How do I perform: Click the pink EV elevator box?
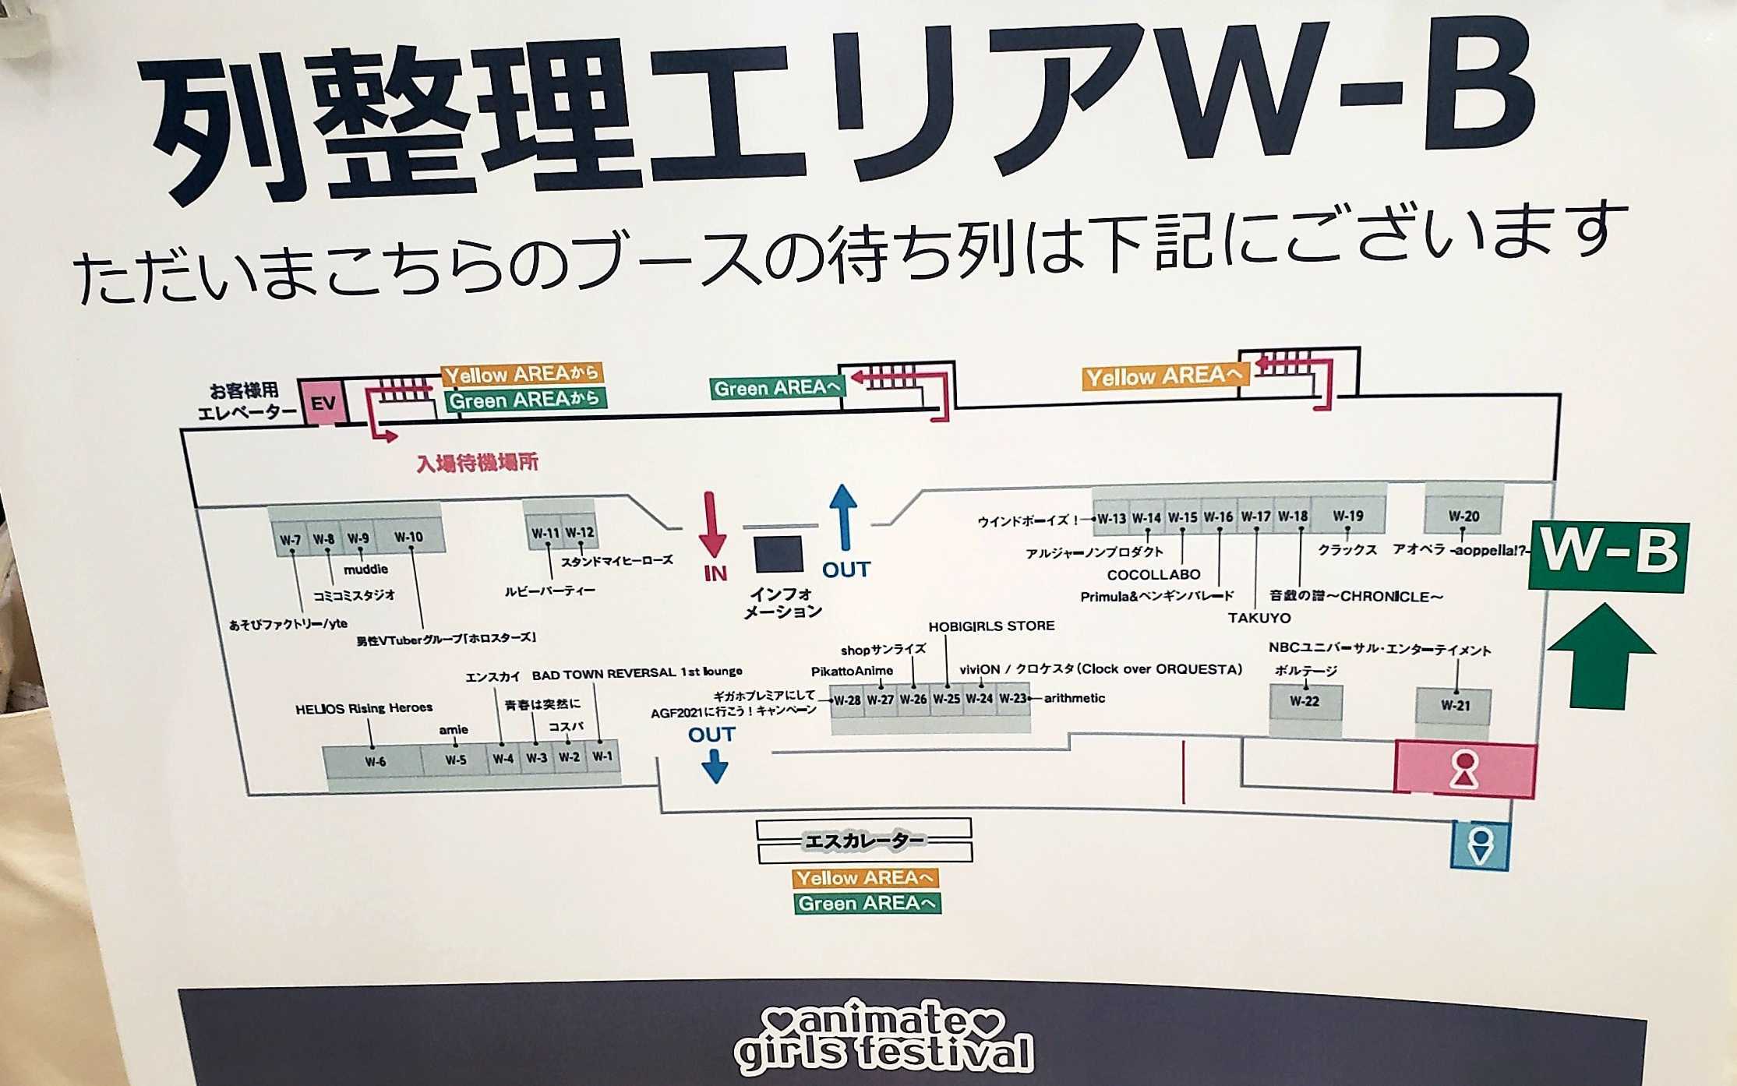tap(323, 403)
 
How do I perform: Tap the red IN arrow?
tap(712, 526)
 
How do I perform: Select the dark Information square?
tap(778, 553)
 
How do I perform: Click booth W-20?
tap(1463, 515)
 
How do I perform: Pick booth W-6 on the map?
tap(375, 761)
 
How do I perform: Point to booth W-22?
tap(1304, 700)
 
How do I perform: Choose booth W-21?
tap(1454, 705)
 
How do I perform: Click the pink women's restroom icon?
tap(1464, 770)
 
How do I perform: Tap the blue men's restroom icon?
tap(1480, 846)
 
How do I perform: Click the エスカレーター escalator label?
tap(863, 841)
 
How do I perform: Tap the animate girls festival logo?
tap(884, 1036)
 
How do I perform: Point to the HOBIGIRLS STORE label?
tap(991, 626)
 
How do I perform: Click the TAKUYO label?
tap(1259, 618)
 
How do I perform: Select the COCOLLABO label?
tap(1153, 574)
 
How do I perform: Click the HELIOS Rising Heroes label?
tap(363, 708)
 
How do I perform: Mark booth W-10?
tap(408, 537)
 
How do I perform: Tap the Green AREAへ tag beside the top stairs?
tap(776, 387)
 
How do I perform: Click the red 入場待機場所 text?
tap(477, 463)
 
